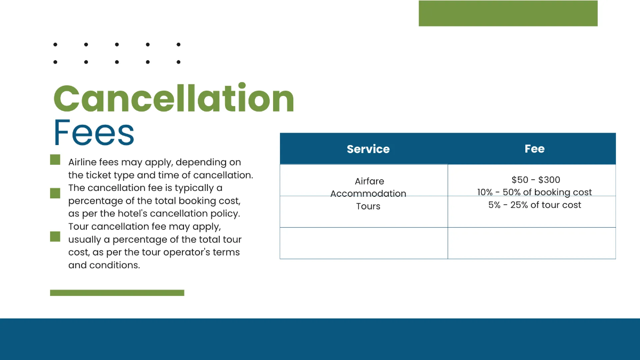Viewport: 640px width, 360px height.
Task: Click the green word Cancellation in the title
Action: click(x=174, y=99)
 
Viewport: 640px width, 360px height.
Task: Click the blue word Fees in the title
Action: click(x=94, y=133)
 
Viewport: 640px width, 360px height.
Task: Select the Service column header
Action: click(x=368, y=149)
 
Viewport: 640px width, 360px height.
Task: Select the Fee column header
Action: click(x=534, y=149)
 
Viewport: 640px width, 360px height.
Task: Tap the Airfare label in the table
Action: click(x=369, y=181)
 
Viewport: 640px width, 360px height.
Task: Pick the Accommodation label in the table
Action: click(x=368, y=194)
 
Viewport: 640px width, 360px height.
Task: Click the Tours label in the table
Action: click(x=368, y=206)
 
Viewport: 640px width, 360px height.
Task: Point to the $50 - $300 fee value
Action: click(x=535, y=180)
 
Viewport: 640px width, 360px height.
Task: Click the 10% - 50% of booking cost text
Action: click(x=534, y=193)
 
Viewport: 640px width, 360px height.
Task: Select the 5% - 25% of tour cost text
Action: click(x=534, y=205)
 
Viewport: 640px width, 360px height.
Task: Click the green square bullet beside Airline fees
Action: click(x=55, y=160)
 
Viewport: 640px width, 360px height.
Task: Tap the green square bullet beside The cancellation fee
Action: click(x=55, y=193)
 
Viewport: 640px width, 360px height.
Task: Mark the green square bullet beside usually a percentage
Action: click(x=55, y=236)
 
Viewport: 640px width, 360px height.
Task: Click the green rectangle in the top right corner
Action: click(x=508, y=13)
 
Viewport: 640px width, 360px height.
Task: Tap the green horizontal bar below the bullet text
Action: click(x=117, y=293)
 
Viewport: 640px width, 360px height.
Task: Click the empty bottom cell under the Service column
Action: click(x=364, y=243)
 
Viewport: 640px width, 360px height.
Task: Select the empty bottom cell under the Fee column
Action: click(x=532, y=243)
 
